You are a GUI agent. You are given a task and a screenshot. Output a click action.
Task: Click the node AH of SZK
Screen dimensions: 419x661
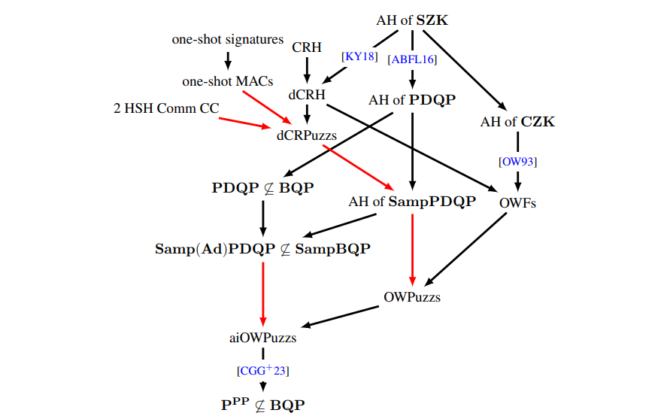(412, 20)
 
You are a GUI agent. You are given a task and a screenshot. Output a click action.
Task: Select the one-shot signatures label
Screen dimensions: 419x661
(228, 39)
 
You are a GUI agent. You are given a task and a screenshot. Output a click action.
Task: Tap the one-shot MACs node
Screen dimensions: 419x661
(228, 81)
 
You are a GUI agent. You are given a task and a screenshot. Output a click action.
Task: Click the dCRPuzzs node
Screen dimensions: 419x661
(306, 135)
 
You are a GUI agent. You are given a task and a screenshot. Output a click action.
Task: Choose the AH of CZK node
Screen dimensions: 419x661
(517, 121)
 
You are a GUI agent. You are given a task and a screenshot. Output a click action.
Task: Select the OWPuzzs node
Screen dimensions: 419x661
(412, 296)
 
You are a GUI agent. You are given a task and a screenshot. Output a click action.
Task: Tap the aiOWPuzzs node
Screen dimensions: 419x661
(262, 338)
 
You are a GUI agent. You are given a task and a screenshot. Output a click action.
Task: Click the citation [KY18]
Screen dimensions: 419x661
(359, 56)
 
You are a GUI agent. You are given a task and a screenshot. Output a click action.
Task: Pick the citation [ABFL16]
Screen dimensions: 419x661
(412, 59)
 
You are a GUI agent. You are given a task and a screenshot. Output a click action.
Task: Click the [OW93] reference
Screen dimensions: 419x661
(517, 162)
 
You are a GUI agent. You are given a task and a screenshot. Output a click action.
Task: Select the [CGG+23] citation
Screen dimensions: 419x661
(262, 371)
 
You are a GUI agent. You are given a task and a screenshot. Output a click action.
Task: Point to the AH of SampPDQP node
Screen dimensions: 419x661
(412, 202)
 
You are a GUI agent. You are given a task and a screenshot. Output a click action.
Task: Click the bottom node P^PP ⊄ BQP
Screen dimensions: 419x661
(262, 404)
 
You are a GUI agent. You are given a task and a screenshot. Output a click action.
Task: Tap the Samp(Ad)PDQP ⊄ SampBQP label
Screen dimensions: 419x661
(262, 249)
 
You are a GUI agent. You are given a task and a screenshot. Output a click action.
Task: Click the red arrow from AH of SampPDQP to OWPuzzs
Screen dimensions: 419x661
(412, 248)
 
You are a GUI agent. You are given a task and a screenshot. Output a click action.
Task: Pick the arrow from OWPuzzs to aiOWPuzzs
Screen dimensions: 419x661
(343, 316)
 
